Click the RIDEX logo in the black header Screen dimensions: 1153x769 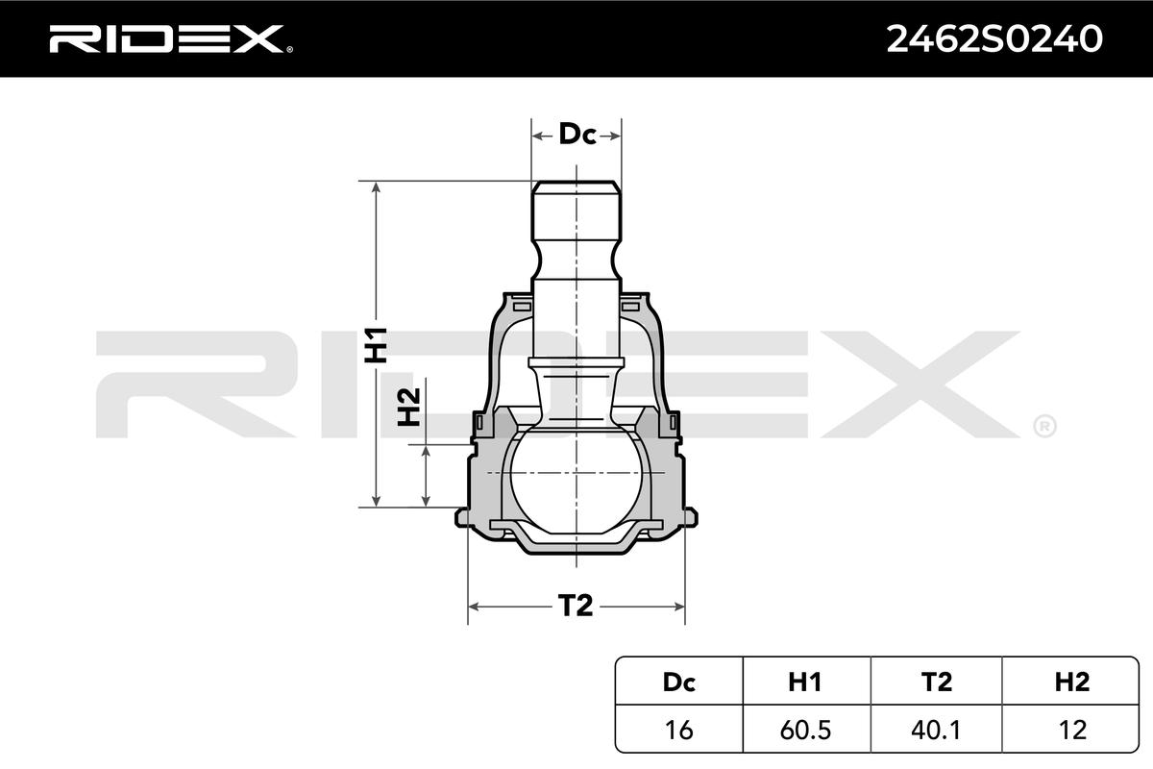point(170,38)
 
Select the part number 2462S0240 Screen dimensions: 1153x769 point(994,39)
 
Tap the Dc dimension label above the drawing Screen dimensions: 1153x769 point(577,134)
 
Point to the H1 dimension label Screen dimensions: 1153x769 point(376,344)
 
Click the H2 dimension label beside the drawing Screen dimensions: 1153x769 point(409,408)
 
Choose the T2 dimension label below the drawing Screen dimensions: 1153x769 point(576,606)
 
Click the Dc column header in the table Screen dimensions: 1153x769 point(679,682)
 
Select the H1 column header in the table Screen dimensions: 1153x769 point(805,682)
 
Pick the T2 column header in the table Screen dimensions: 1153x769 point(936,682)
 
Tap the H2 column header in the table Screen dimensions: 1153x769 point(1071,682)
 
